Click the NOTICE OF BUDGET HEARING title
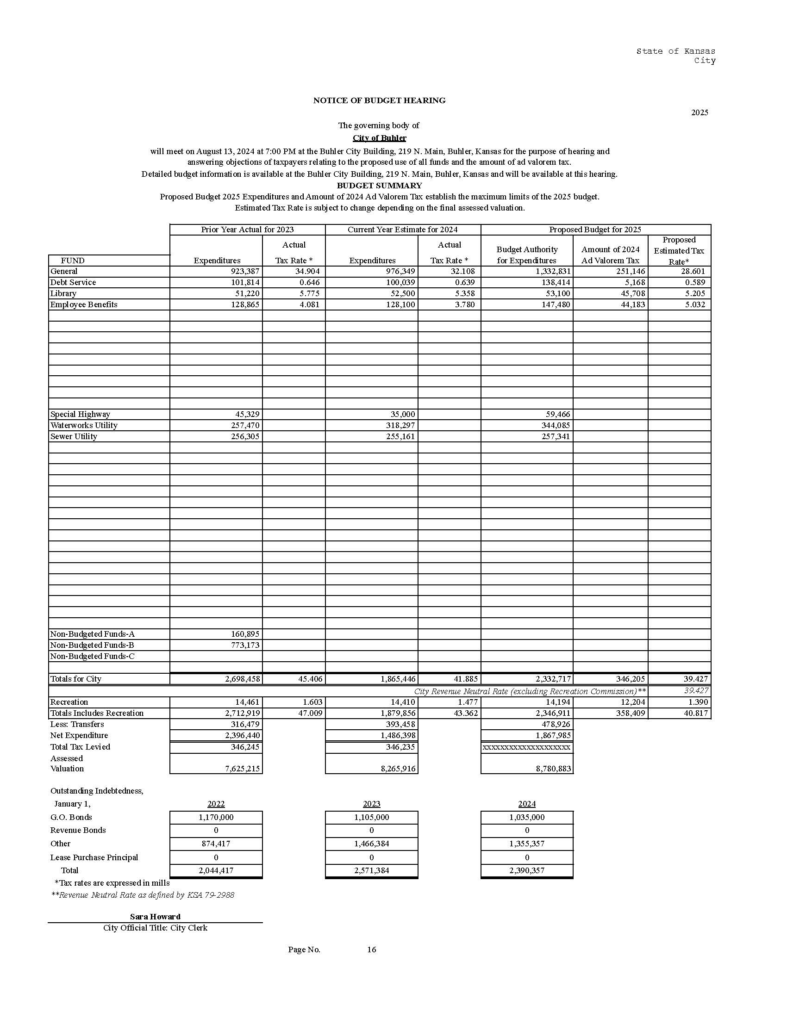[379, 100]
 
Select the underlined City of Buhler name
[379, 138]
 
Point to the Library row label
[63, 294]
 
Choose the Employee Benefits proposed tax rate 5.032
[695, 305]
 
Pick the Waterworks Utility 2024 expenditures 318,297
[398, 426]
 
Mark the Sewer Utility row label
[74, 437]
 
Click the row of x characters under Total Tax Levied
[526, 748]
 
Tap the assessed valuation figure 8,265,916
[398, 769]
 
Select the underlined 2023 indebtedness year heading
[372, 804]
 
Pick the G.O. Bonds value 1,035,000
[527, 818]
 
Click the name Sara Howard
[155, 917]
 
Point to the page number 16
[372, 950]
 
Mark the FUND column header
[73, 261]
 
